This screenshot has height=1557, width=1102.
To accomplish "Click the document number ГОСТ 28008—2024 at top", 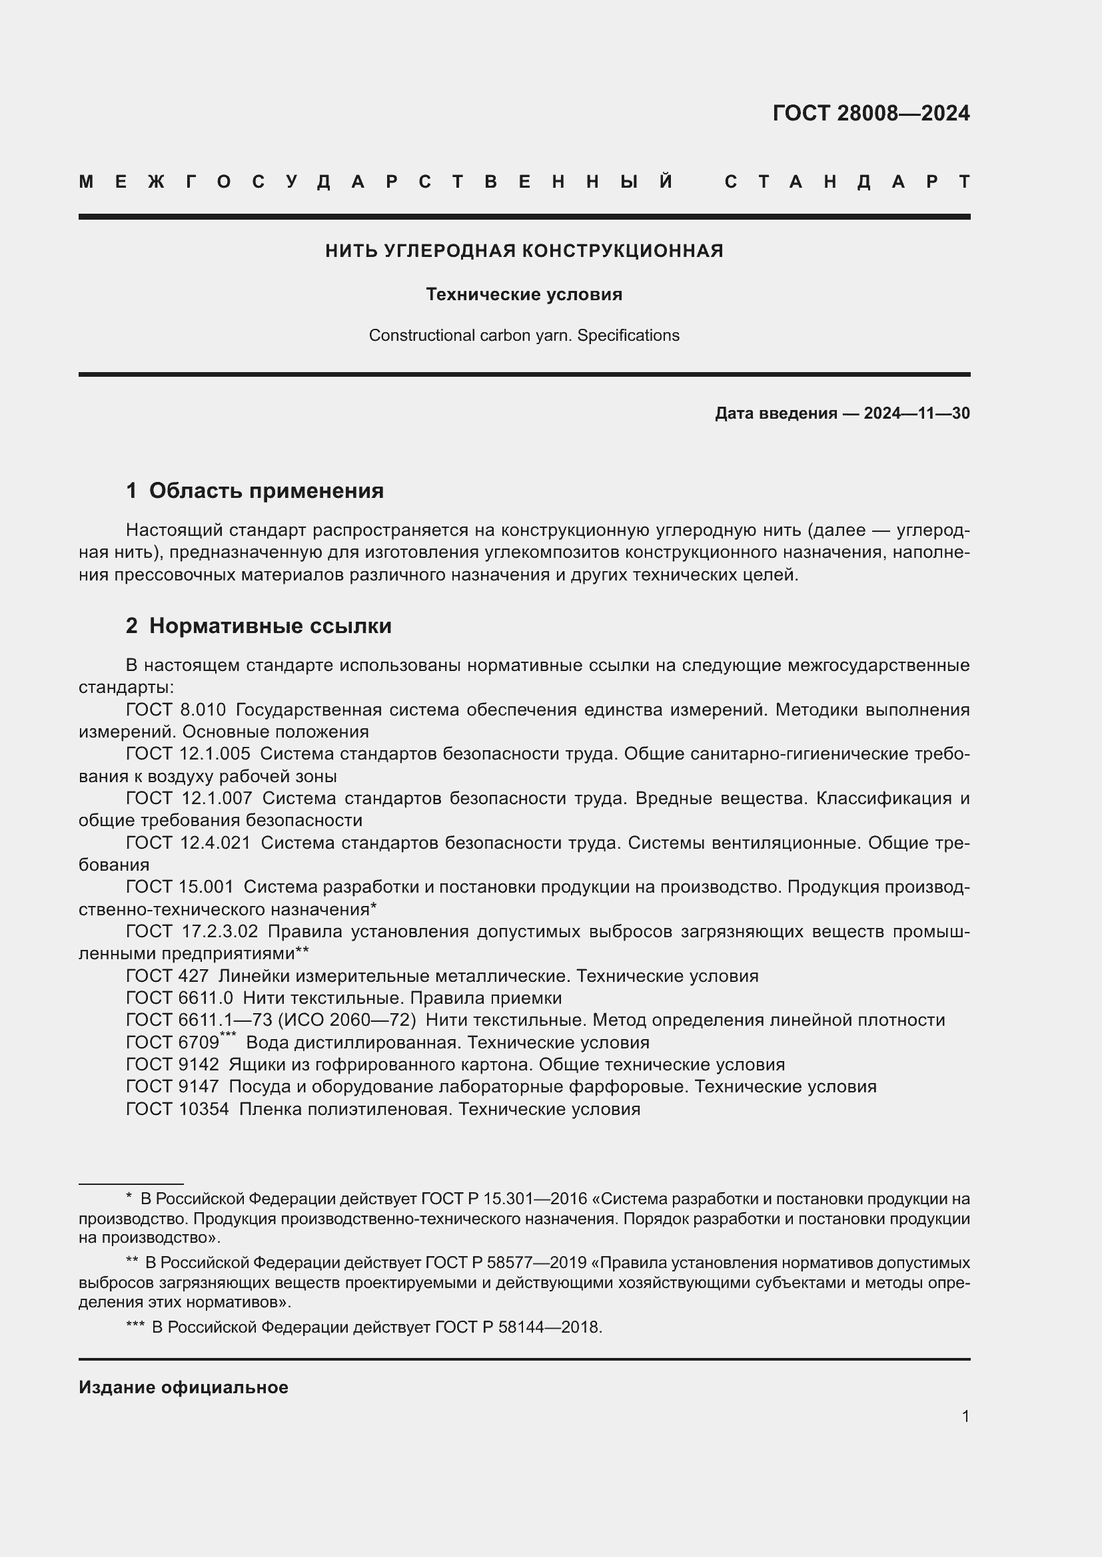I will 871,112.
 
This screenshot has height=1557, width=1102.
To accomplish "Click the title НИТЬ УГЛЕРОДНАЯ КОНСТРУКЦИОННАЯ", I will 524,251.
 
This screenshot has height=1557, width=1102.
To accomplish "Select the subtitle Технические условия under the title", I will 524,294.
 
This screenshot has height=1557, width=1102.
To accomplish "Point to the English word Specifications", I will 628,335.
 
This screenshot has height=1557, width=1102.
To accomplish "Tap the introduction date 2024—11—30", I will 916,413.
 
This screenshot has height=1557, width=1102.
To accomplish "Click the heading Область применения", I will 266,491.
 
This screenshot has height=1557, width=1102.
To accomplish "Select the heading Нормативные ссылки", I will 270,625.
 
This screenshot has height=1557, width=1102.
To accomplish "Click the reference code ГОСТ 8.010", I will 176,710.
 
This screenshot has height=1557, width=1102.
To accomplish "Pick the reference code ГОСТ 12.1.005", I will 188,754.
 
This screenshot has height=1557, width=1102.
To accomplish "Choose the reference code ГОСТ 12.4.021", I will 188,843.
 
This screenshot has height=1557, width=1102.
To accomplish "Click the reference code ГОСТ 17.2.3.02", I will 192,932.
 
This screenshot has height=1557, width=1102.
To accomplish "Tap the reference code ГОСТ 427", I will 167,976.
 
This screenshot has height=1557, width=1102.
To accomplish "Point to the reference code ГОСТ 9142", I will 173,1064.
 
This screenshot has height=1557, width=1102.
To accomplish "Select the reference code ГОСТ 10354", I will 177,1109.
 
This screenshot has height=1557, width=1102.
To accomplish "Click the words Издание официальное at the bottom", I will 183,1387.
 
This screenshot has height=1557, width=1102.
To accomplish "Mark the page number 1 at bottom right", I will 965,1416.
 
